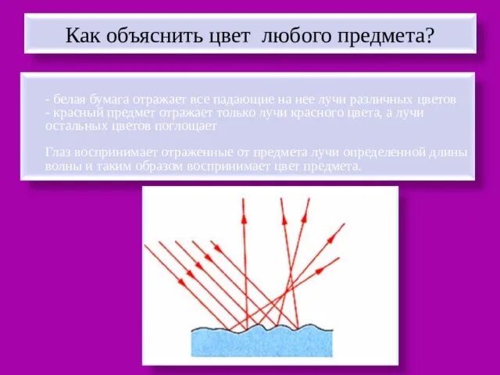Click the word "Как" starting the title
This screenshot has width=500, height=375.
[82, 36]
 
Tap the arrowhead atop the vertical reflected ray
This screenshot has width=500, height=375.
[243, 205]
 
